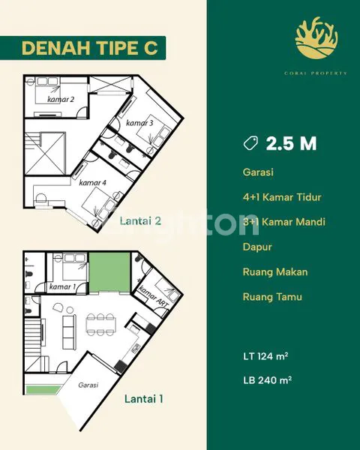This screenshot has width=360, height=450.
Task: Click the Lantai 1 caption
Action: click(143, 399)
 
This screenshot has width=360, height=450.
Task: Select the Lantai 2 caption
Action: click(141, 220)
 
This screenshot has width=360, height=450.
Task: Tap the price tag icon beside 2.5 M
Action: click(251, 143)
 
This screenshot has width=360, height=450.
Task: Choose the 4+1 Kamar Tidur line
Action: click(282, 197)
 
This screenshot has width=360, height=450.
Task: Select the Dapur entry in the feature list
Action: click(256, 247)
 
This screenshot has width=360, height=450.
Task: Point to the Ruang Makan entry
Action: click(275, 271)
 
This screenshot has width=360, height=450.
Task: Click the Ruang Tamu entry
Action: click(272, 296)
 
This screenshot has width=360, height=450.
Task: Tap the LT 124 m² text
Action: click(268, 355)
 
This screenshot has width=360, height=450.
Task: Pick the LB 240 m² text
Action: click(268, 379)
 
